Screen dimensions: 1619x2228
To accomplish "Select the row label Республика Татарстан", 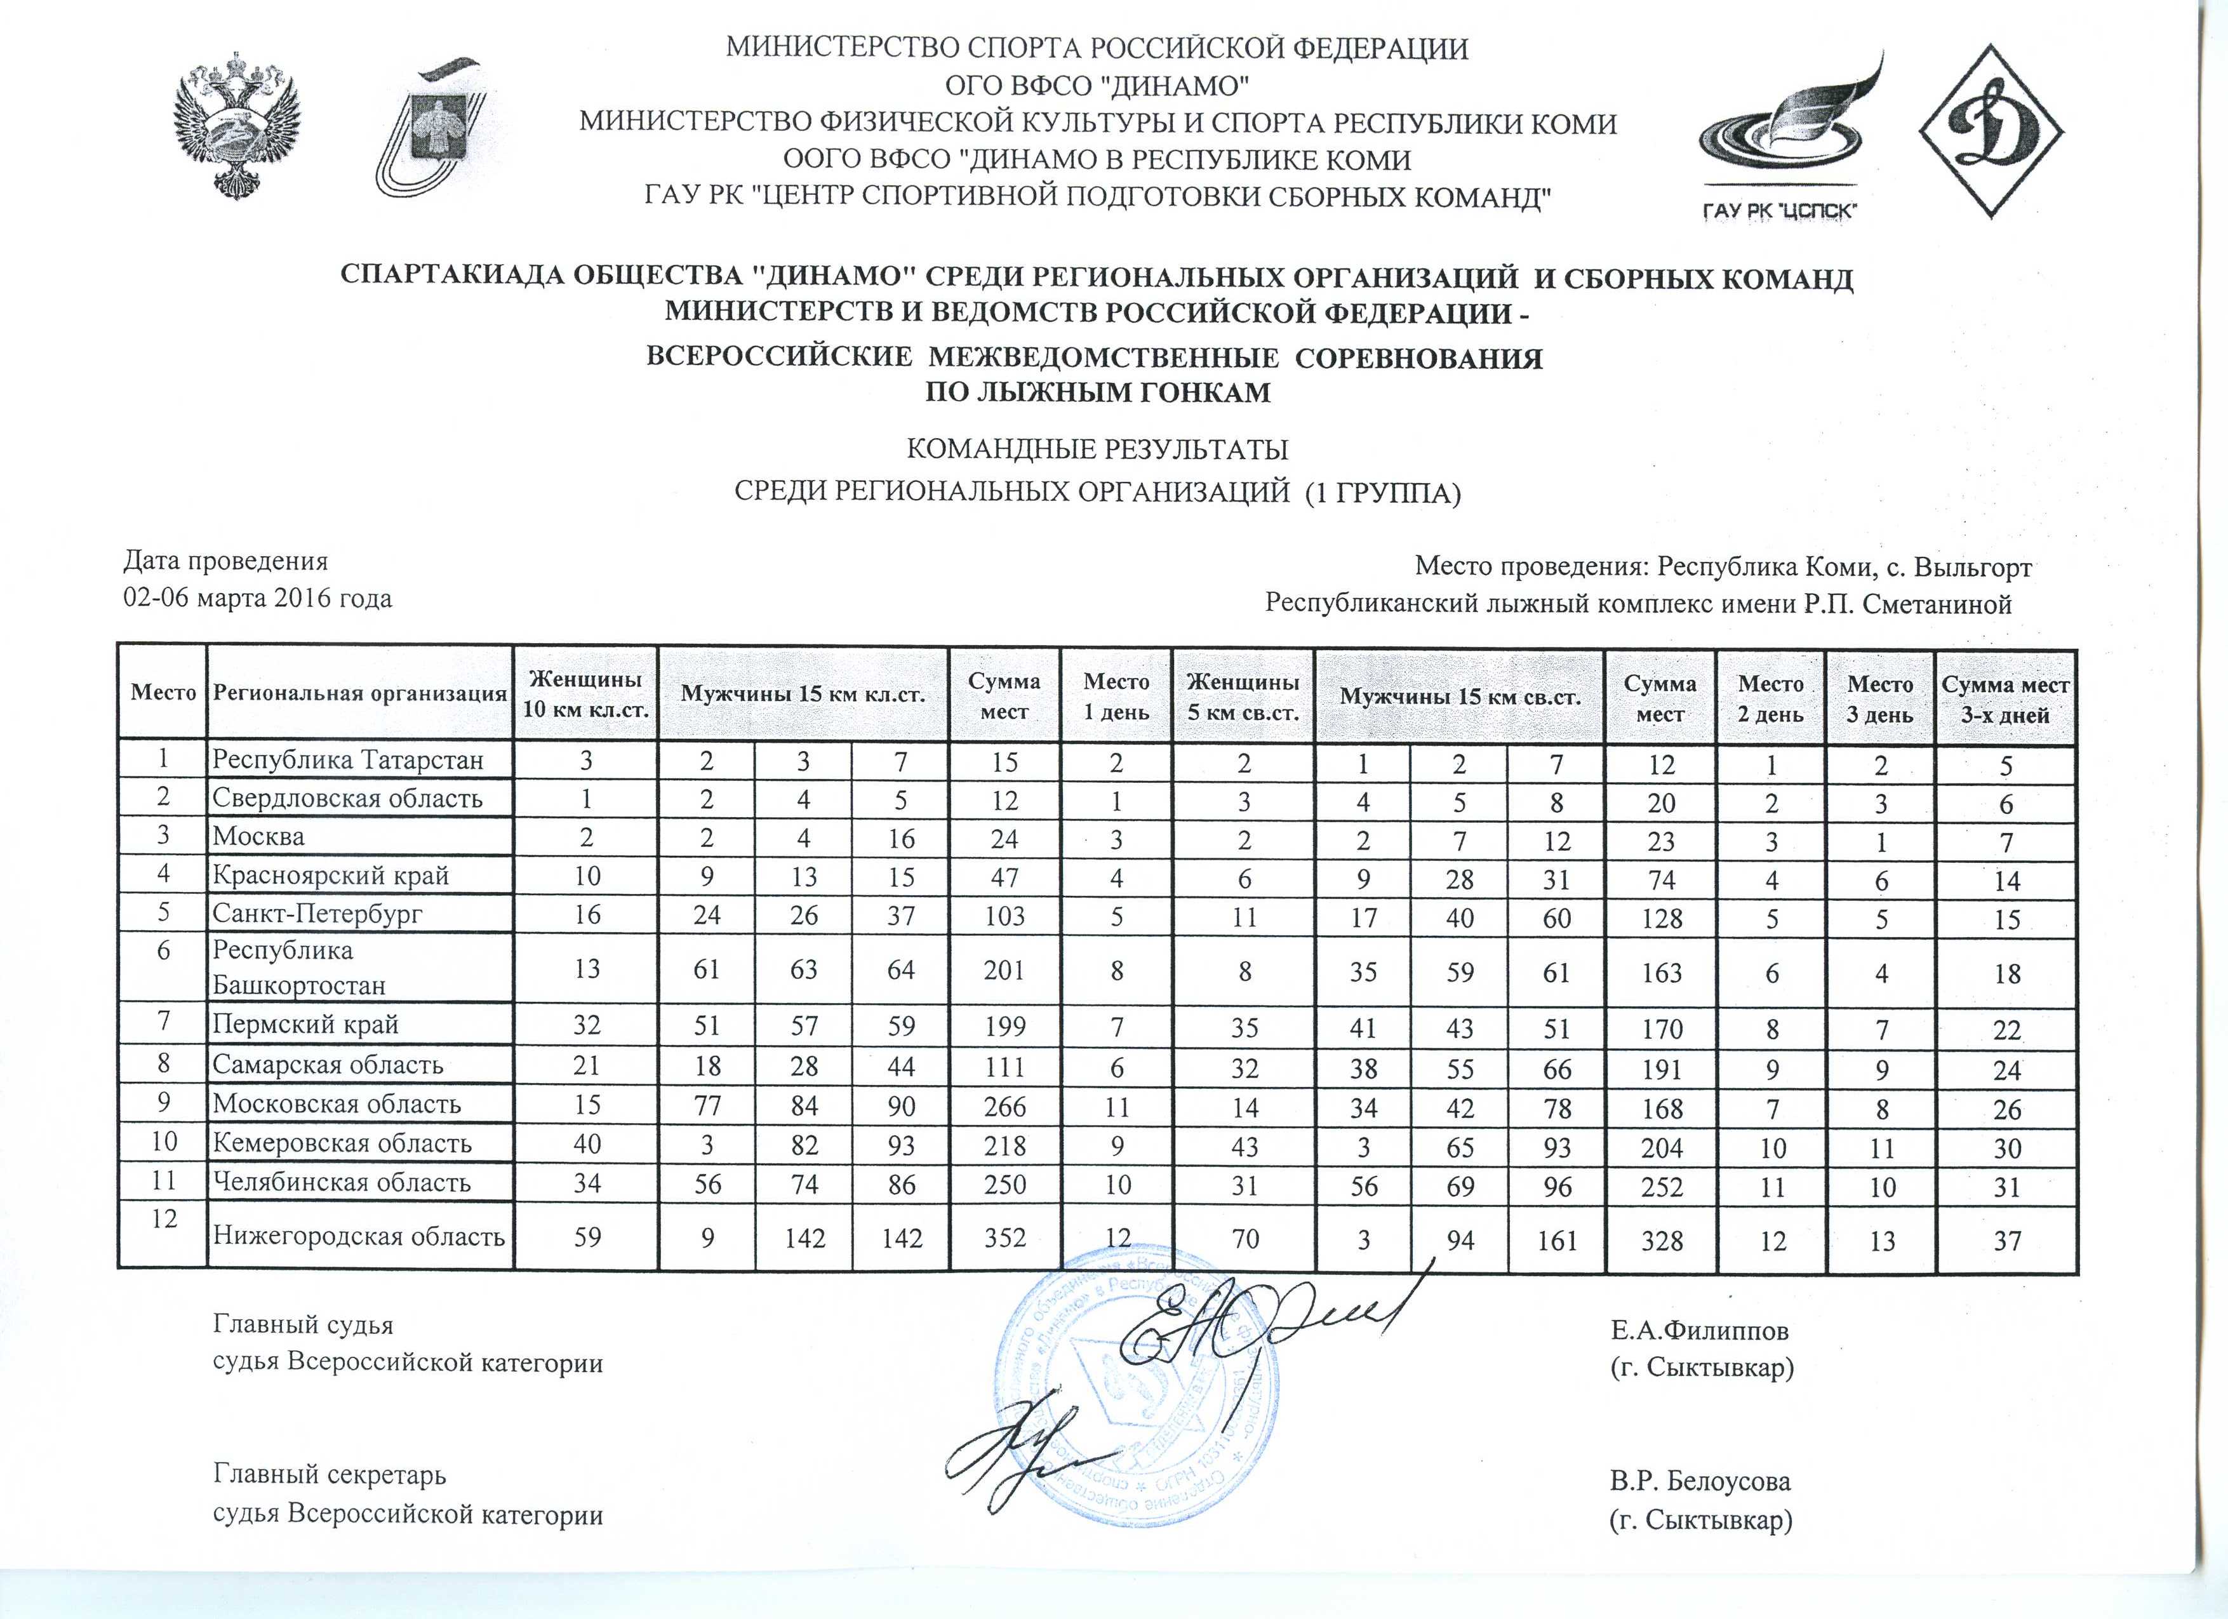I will [349, 759].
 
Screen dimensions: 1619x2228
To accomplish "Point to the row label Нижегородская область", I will [359, 1236].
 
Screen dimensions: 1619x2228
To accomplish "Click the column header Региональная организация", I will [359, 693].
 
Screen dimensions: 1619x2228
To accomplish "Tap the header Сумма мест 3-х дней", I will [2005, 700].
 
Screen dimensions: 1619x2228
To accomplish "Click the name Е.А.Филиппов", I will [1700, 1331].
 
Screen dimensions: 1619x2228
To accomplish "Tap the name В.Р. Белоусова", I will [1700, 1481].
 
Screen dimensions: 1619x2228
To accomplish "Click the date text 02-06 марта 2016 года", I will [257, 598].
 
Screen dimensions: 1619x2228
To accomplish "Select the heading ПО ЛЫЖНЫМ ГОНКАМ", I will [1099, 393].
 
